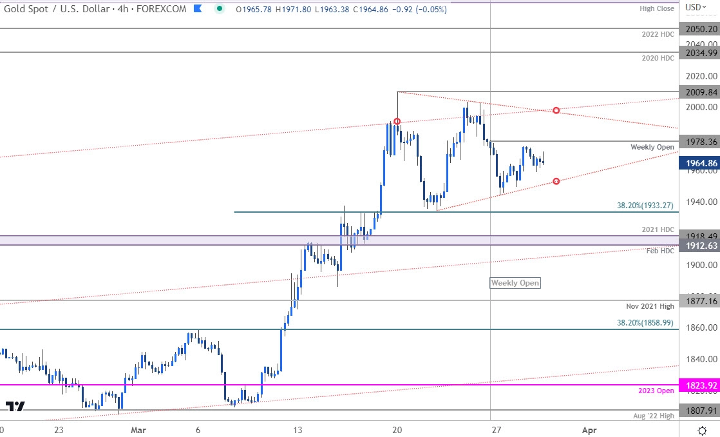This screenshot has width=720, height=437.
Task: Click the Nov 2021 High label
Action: click(x=651, y=306)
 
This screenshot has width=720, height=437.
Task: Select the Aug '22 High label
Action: click(x=652, y=416)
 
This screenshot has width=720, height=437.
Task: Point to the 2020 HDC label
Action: click(x=657, y=58)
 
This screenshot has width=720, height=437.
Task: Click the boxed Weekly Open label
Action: click(x=515, y=283)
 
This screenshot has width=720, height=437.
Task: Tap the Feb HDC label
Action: click(x=660, y=251)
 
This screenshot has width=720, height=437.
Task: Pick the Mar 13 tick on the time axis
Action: click(x=297, y=429)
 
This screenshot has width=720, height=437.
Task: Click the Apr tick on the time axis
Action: click(x=587, y=429)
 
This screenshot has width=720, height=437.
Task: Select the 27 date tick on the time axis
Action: click(x=496, y=429)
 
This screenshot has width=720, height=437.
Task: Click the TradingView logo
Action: click(x=15, y=406)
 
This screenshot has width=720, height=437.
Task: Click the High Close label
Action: click(x=657, y=8)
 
